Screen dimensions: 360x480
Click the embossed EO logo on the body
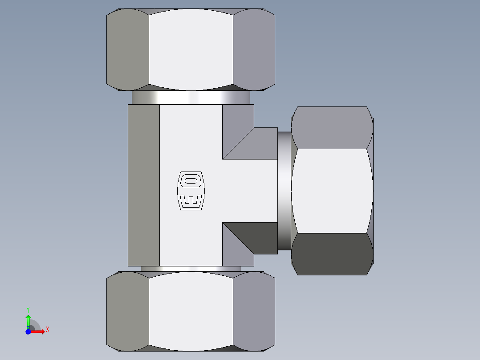tap(191, 190)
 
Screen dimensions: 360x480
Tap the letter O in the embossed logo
tap(191, 181)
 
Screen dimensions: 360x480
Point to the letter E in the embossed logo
tap(191, 200)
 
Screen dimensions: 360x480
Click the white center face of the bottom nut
tap(191, 311)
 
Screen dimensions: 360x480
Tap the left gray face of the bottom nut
tap(127, 311)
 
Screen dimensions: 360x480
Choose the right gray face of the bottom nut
tap(254, 311)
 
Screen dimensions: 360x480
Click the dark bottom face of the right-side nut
tap(332, 254)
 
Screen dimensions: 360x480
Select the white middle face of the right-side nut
tap(332, 191)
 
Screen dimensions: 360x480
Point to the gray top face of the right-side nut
tap(332, 127)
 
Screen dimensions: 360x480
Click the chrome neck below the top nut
tap(191, 97)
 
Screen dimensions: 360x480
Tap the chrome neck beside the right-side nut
tap(284, 191)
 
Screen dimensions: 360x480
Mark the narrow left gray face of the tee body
tap(144, 185)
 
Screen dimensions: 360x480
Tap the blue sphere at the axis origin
tap(28, 331)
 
